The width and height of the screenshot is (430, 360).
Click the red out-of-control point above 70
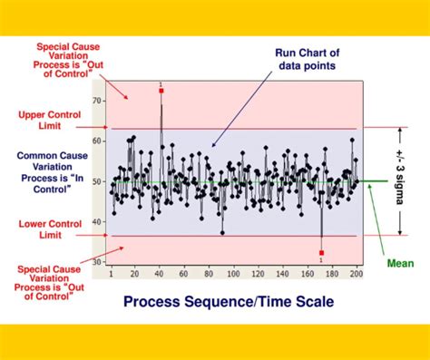point(161,91)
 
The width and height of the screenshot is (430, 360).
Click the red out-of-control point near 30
point(321,253)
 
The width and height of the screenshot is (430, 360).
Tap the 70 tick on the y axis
point(97,102)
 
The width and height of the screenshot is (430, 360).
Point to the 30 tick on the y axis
point(97,262)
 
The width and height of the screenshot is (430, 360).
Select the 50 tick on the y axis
point(97,181)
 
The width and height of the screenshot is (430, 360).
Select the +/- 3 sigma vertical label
point(399,180)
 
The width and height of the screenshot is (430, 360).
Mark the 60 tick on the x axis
point(185,274)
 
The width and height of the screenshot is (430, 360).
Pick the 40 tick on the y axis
point(97,222)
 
